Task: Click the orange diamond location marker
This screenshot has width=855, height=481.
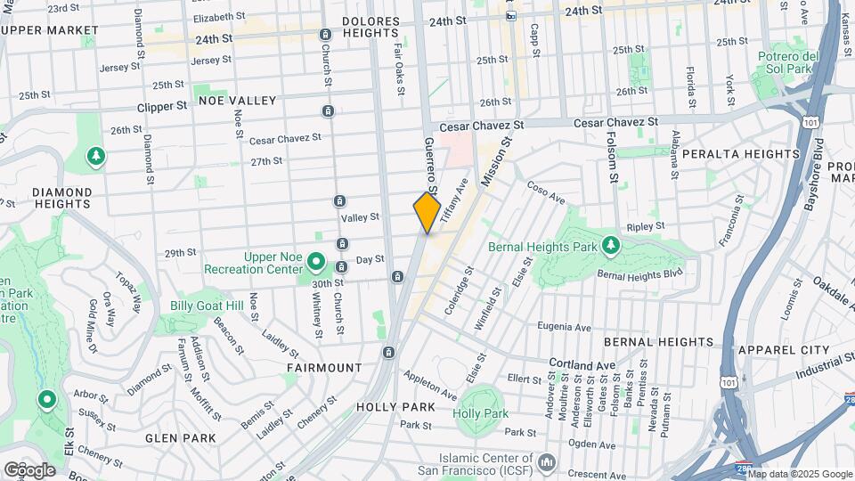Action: [x=427, y=213]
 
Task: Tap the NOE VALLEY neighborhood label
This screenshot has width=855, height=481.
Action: [x=238, y=101]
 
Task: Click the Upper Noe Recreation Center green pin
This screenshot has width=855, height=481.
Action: [x=315, y=262]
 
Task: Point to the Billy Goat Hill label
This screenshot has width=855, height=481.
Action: [x=207, y=306]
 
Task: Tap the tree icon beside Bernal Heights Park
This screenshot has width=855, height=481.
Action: [x=610, y=244]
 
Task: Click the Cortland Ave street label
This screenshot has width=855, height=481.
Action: [x=582, y=365]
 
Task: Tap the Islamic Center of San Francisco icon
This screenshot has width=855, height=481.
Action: [x=546, y=461]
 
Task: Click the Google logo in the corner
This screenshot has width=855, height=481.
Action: [x=29, y=469]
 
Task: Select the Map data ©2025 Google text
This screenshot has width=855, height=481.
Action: [x=799, y=474]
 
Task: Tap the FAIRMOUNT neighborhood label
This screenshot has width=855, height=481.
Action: [x=324, y=367]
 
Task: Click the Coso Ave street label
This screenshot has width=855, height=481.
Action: [x=546, y=192]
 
